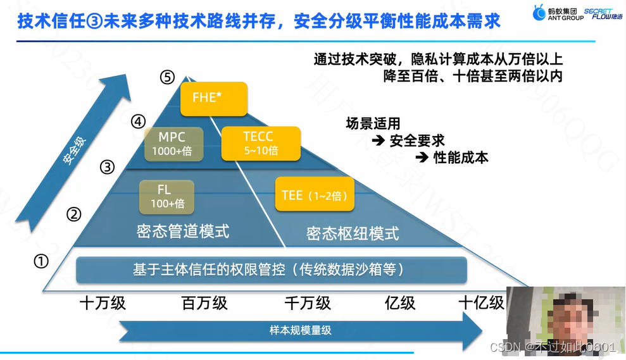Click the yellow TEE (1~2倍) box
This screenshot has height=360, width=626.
313,195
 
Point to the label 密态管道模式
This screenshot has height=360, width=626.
183,232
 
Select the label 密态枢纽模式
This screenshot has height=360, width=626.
353,233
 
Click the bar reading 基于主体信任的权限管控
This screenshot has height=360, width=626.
271,270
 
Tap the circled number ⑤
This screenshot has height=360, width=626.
167,78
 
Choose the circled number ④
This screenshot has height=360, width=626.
138,121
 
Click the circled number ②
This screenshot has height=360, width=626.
75,215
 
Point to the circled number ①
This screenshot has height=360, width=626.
41,261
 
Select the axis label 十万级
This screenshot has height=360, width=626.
103,303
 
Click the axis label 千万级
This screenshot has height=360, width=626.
308,303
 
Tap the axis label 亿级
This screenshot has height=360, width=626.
400,303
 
